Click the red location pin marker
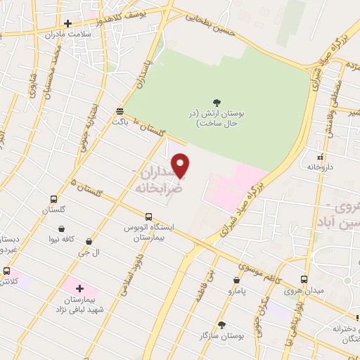pyautogui.click(x=181, y=165)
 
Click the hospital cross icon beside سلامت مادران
pyautogui.click(x=67, y=24)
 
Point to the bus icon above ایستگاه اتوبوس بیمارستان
pyautogui.click(x=148, y=217)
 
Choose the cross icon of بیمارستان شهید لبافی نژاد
pyautogui.click(x=79, y=288)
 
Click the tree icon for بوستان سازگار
pyautogui.click(x=223, y=325)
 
